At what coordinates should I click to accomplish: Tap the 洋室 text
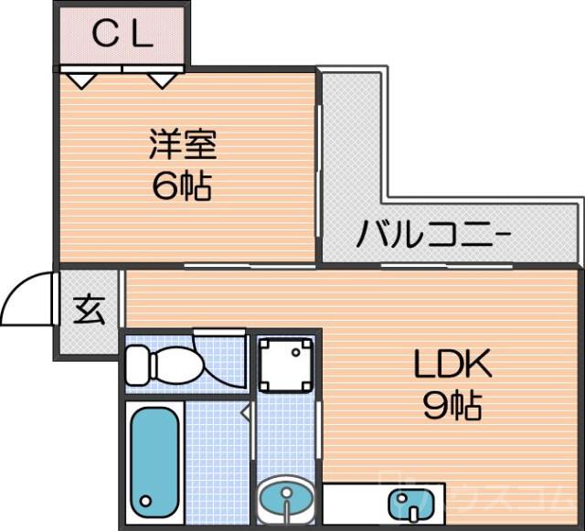click(x=183, y=145)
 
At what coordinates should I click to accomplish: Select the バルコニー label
click(x=433, y=234)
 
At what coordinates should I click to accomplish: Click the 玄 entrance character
click(x=89, y=311)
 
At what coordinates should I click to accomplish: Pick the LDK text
click(x=453, y=366)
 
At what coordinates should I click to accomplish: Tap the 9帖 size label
click(x=452, y=406)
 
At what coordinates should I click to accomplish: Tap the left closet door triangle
click(x=83, y=80)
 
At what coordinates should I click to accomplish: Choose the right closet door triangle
click(x=162, y=80)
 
